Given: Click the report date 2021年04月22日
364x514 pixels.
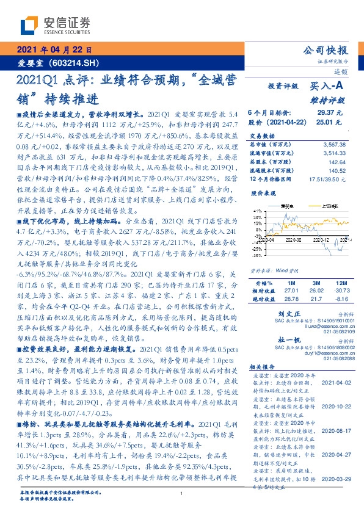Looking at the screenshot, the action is click(54, 50).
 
